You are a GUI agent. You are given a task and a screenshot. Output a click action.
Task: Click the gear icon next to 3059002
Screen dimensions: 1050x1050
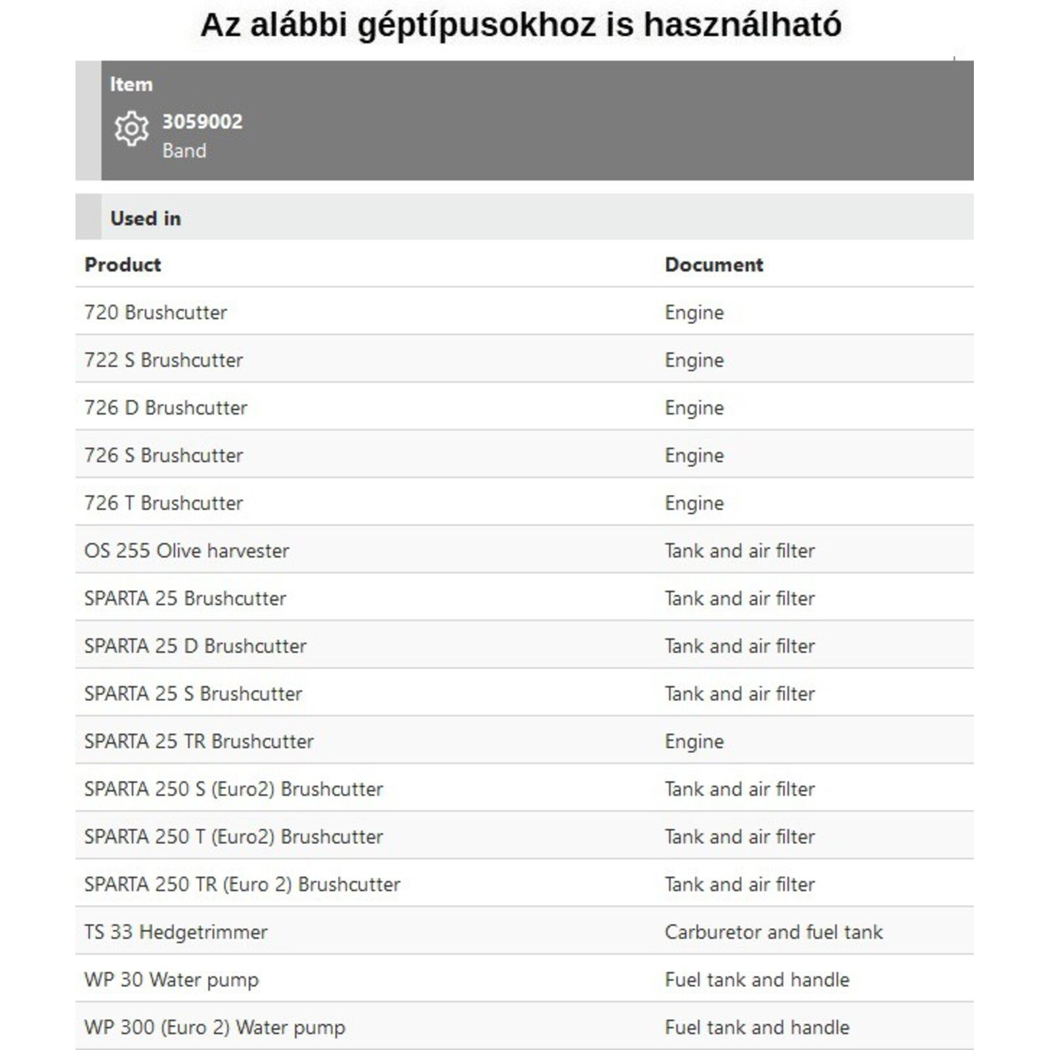point(131,128)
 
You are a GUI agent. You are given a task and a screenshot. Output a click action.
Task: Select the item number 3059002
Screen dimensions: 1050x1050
point(202,121)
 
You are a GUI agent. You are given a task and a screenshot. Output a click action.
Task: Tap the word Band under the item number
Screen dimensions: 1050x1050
point(184,151)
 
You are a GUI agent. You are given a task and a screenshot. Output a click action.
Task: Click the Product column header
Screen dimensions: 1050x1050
point(123,264)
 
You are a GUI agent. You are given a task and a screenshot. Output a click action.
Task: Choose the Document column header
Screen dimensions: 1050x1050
point(714,264)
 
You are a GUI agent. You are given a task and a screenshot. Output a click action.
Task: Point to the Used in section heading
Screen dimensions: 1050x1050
point(146,218)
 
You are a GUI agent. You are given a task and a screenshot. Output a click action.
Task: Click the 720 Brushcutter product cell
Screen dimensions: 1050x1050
point(156,312)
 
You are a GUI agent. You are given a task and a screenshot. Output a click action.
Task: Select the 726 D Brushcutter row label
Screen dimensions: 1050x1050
point(165,408)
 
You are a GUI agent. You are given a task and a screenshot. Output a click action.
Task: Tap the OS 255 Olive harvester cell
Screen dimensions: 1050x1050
point(186,551)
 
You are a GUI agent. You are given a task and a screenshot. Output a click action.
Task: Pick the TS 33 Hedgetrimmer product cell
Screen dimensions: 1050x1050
point(176,932)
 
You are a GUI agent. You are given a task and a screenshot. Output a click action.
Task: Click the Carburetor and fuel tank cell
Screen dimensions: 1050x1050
point(774,932)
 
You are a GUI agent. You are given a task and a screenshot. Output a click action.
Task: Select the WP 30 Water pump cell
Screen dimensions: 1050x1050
point(171,980)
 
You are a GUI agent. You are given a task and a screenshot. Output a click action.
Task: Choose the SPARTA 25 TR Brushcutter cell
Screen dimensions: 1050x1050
point(199,742)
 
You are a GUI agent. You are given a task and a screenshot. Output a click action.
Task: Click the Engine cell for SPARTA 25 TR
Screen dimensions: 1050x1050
point(694,742)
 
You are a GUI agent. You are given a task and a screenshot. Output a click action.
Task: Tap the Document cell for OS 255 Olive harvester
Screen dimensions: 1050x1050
point(740,551)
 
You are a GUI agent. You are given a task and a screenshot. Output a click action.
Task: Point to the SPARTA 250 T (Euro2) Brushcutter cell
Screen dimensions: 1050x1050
point(234,837)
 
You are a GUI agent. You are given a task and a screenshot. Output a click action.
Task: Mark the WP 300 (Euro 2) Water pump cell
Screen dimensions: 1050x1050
point(215,1027)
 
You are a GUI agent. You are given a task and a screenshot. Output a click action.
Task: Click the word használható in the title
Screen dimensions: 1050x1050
point(742,25)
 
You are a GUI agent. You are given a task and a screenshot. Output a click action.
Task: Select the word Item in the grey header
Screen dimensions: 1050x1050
point(131,84)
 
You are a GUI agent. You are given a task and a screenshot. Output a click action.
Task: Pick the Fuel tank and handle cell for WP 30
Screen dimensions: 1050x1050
point(757,980)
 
